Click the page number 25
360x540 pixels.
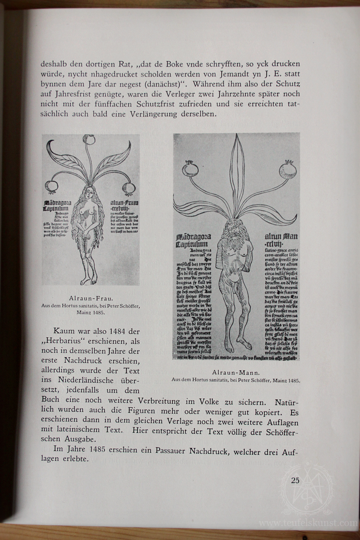[295, 480]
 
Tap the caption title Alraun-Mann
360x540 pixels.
[236, 373]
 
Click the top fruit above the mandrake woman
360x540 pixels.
[89, 140]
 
